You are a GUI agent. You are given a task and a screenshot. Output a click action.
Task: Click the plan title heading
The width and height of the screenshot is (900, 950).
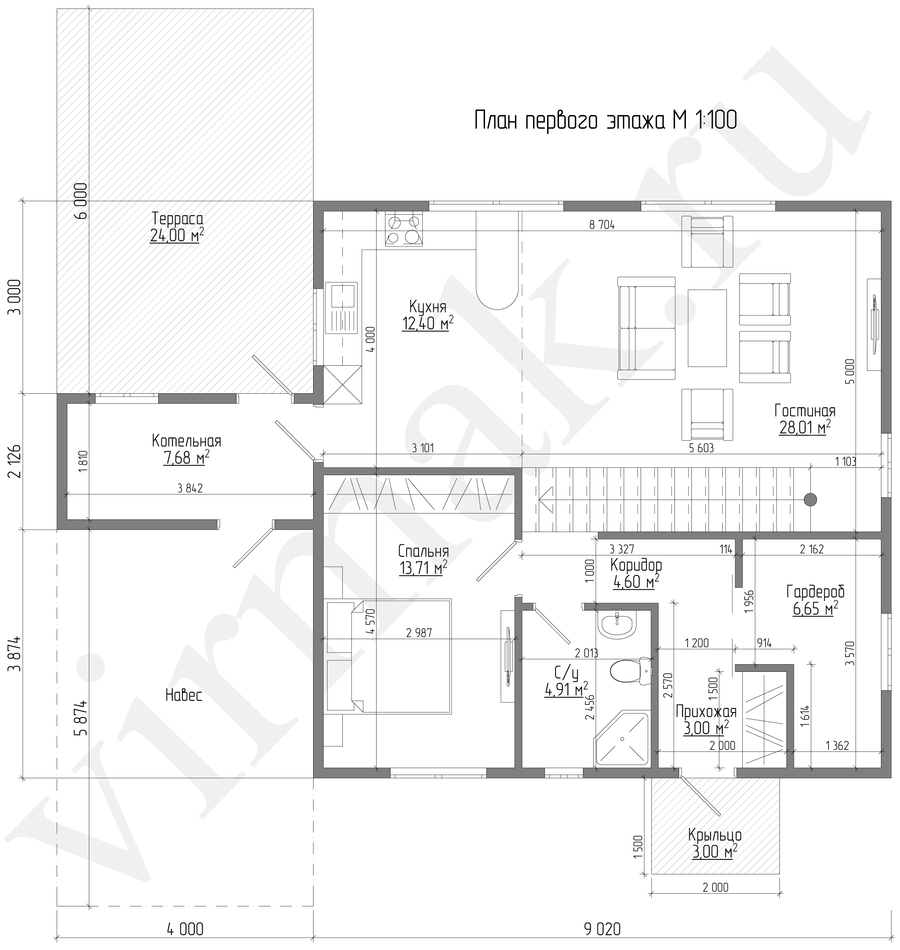(606, 120)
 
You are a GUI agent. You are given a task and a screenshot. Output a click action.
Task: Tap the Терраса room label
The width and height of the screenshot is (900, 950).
(178, 218)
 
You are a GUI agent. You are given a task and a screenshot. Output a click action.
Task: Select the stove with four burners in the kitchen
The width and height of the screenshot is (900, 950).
(404, 229)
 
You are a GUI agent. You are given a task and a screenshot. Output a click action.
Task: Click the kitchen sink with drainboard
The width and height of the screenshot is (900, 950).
(341, 308)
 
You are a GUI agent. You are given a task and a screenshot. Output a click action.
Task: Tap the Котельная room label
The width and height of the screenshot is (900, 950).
(186, 441)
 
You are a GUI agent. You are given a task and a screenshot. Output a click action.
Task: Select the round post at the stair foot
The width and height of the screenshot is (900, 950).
(810, 500)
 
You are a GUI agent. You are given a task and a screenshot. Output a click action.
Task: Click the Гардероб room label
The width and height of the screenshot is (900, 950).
(815, 591)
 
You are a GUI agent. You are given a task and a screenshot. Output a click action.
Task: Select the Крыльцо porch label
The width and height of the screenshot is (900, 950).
(715, 835)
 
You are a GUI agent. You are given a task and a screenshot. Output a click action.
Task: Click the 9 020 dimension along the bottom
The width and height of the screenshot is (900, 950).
(602, 929)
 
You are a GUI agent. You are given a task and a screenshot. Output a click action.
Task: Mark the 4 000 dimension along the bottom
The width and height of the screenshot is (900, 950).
(185, 929)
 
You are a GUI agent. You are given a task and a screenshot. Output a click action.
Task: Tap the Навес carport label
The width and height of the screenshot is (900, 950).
(184, 695)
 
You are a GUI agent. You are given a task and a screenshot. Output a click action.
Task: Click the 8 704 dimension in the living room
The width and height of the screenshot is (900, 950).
(602, 224)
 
